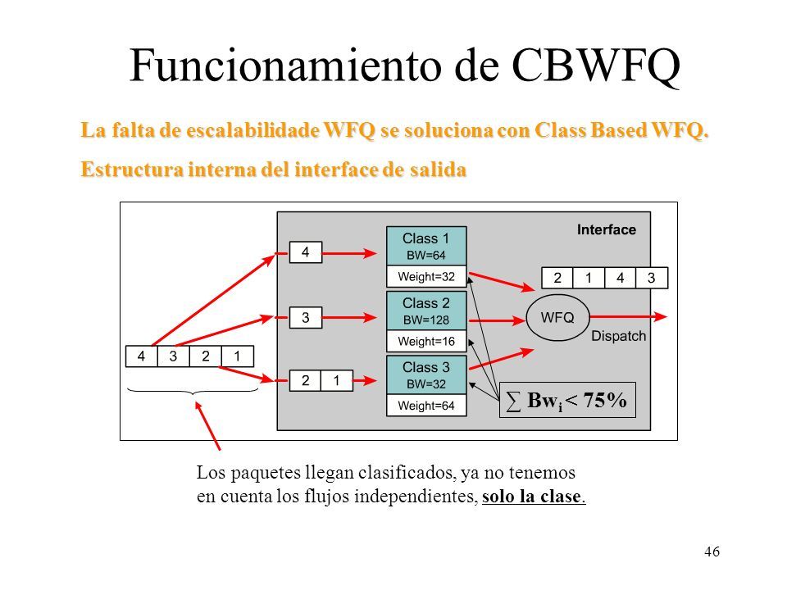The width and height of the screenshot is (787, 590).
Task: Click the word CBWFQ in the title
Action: click(x=596, y=66)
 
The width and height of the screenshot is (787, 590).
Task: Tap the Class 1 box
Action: click(x=426, y=246)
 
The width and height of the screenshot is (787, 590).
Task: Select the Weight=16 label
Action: click(x=426, y=341)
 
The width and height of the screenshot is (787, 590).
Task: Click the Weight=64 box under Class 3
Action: click(x=426, y=406)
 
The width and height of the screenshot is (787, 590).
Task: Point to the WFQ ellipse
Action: click(x=557, y=317)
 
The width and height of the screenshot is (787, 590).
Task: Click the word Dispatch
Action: click(x=618, y=336)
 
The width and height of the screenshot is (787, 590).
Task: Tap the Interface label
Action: click(x=607, y=229)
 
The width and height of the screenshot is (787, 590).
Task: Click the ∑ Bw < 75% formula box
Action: click(x=567, y=400)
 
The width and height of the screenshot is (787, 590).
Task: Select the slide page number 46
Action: click(x=712, y=551)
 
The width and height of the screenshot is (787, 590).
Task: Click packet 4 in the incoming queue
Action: click(x=141, y=356)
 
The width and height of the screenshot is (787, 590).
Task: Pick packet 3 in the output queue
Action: click(x=652, y=278)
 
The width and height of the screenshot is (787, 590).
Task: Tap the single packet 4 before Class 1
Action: click(x=306, y=252)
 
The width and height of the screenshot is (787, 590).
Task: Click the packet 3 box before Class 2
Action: click(x=306, y=317)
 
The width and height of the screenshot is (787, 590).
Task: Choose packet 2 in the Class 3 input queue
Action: click(x=305, y=381)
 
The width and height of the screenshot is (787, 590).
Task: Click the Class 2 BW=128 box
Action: click(x=426, y=311)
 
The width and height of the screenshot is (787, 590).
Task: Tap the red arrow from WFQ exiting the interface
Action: click(x=629, y=316)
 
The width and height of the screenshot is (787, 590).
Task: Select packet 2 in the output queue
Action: click(x=557, y=278)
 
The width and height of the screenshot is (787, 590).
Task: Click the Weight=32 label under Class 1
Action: click(x=426, y=276)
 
